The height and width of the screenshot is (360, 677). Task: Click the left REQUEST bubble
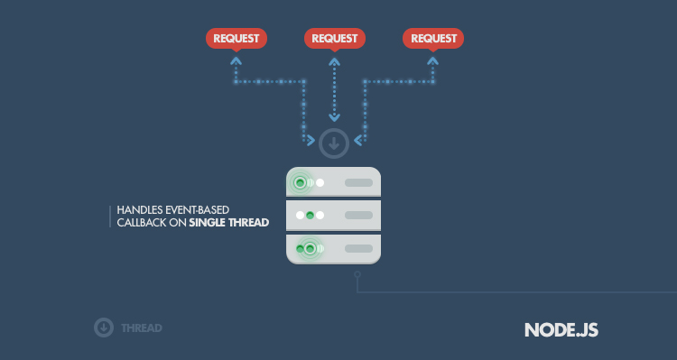pos(236,39)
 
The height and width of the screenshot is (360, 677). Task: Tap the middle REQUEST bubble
pos(335,39)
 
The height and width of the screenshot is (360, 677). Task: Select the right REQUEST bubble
pos(433,39)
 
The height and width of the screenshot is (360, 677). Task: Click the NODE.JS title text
pos(561,330)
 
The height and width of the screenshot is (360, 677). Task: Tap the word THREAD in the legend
pos(142,328)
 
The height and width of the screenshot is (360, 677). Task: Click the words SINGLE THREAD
pos(229,223)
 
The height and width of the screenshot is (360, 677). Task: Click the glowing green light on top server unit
pos(300,182)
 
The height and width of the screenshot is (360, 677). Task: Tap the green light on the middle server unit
pos(310,215)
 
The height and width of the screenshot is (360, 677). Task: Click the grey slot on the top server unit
pos(358,182)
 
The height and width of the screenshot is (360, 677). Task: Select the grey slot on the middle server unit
pos(358,215)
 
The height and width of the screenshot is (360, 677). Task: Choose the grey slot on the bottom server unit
pos(358,249)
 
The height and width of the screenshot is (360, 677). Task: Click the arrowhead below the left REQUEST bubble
pos(236,60)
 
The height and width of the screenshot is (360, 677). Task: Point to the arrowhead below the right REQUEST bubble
pos(433,60)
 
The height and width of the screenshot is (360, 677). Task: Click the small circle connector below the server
pos(357,274)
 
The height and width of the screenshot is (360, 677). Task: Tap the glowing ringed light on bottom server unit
pos(310,249)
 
